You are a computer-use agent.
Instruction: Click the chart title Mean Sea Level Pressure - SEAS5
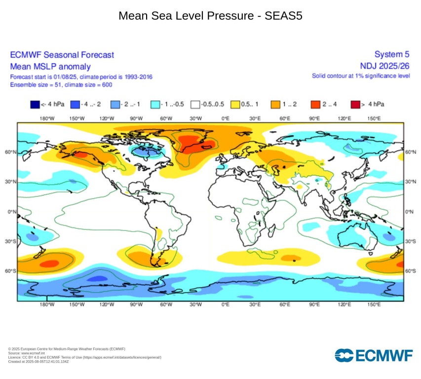(x=210, y=16)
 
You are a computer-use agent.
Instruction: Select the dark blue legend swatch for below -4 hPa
(x=35, y=104)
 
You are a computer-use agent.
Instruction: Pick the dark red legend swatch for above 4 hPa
(x=355, y=104)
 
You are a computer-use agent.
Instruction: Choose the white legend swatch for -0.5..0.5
(x=195, y=104)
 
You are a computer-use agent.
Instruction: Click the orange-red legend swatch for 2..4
(x=316, y=104)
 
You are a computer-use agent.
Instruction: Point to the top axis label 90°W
(x=136, y=118)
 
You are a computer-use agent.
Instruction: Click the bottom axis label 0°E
(x=225, y=304)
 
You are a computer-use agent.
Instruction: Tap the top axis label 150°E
(x=374, y=118)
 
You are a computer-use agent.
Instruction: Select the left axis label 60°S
(x=11, y=271)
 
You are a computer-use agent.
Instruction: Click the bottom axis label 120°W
(x=107, y=304)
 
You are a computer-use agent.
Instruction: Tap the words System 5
(x=392, y=54)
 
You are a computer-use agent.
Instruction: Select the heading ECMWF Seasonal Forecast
(x=62, y=55)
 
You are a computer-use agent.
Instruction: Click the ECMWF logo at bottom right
(x=373, y=355)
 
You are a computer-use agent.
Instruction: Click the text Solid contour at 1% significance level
(x=361, y=76)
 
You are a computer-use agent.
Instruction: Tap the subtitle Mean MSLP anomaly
(x=50, y=66)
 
